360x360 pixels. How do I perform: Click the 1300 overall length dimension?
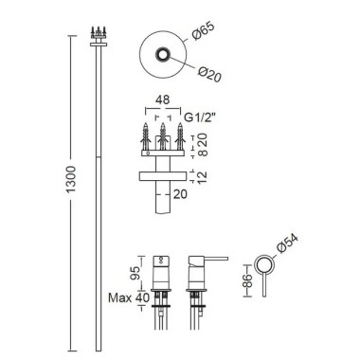71,179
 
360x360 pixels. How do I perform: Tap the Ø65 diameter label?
204,31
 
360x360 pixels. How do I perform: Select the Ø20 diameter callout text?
209,75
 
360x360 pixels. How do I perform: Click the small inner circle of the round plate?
163,55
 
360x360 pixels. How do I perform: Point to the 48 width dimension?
163,99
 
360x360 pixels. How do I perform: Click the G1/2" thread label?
200,117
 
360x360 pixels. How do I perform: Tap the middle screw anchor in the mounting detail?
163,136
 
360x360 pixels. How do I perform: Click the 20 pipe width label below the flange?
180,194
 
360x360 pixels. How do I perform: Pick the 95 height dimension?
135,273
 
